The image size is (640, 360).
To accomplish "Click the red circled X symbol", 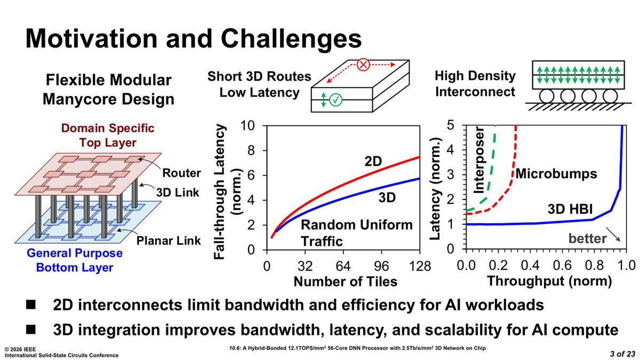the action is click(x=363, y=65).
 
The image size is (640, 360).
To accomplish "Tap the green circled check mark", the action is click(x=335, y=100).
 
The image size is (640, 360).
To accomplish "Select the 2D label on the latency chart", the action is click(x=373, y=162).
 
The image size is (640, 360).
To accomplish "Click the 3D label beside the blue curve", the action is click(x=387, y=197).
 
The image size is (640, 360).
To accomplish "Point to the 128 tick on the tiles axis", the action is click(x=420, y=266).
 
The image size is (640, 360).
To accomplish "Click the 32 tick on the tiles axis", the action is click(x=305, y=266).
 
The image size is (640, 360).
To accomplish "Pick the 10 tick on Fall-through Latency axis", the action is click(x=247, y=125).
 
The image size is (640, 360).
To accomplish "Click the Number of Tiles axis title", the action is click(x=346, y=282).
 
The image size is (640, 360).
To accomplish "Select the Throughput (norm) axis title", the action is click(x=549, y=281).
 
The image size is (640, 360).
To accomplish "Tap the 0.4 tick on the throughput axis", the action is click(x=530, y=266).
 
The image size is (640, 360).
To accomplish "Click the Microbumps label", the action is click(x=556, y=174).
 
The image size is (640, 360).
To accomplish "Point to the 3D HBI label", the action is click(x=570, y=210).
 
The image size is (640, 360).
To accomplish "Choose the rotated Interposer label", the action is click(x=479, y=161).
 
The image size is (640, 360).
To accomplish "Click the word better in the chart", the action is click(x=587, y=238).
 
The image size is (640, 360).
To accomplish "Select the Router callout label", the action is click(x=181, y=173).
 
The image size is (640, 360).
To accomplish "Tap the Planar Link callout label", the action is click(x=169, y=241).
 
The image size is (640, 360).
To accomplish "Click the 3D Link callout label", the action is click(x=178, y=193).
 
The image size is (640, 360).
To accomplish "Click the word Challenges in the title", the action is click(x=291, y=39).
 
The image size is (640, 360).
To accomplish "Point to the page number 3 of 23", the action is click(x=622, y=354).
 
